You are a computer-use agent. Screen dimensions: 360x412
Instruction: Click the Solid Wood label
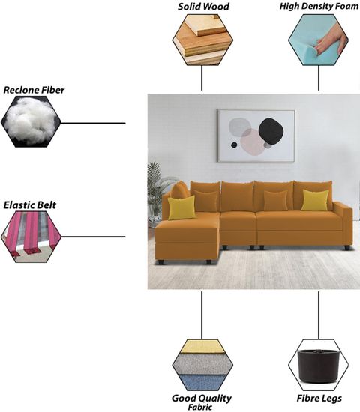pos(203,7)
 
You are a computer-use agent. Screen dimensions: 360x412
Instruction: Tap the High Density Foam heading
pos(319,6)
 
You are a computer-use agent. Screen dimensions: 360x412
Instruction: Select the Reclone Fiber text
pos(34,90)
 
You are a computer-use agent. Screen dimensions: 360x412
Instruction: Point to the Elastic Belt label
pos(30,205)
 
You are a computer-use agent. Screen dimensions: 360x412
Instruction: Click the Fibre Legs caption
pos(319,399)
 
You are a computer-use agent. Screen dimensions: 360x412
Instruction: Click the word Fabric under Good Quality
pos(200,408)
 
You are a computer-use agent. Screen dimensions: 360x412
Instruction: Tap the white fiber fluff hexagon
pos(31,121)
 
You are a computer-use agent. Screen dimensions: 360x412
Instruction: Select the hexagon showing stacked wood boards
pos(202,40)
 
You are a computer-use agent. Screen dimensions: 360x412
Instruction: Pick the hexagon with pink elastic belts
pos(31,237)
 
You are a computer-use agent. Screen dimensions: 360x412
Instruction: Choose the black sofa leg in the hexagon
pos(319,366)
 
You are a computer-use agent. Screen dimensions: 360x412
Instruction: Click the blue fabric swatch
pos(202,382)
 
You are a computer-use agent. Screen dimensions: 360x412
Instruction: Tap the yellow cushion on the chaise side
pos(181,207)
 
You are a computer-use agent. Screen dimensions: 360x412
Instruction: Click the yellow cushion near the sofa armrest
pos(315,200)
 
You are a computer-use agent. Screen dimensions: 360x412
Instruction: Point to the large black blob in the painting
pos(271,131)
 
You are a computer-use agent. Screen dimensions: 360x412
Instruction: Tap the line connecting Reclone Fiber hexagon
pos(93,123)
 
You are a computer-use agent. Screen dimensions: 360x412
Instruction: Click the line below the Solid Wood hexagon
pos(202,78)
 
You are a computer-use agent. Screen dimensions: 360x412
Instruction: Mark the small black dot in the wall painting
pos(234,145)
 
